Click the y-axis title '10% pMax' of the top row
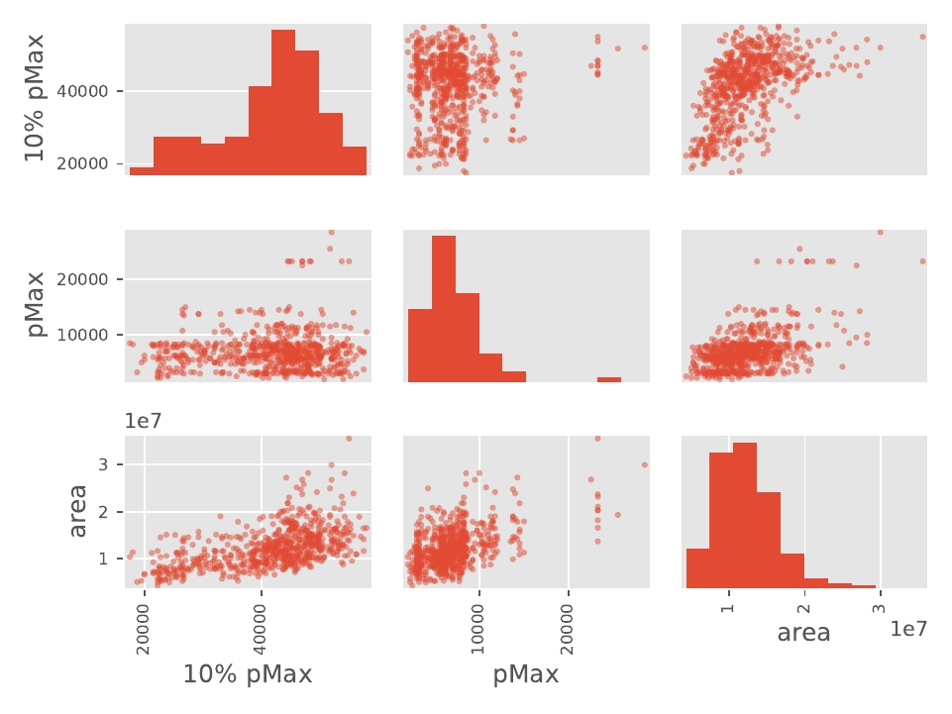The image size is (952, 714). coord(35,98)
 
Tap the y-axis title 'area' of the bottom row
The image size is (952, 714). coord(78,511)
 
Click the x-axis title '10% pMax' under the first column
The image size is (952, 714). coord(248,675)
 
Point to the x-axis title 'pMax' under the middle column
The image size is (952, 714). coord(526,675)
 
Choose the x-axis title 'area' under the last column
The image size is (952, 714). coord(803,633)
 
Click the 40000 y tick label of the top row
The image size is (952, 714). coord(91,91)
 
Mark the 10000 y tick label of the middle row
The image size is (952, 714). coord(91,335)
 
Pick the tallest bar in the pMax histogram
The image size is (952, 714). coord(444,308)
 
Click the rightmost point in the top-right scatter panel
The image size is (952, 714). coord(922,37)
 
